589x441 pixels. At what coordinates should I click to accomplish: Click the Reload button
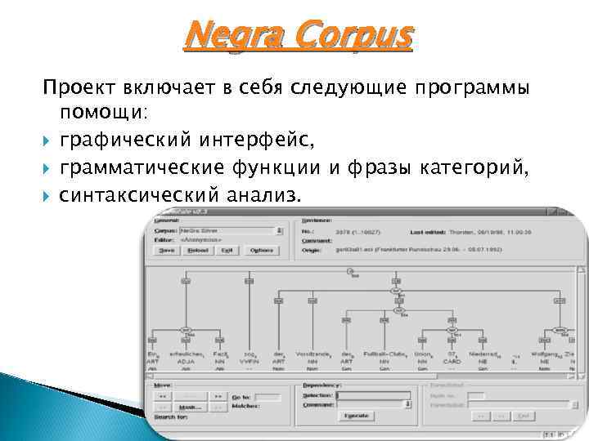198,251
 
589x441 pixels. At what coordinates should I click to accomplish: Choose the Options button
262,251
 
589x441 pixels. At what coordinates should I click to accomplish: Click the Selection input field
373,394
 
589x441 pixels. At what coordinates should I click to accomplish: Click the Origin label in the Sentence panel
312,251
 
